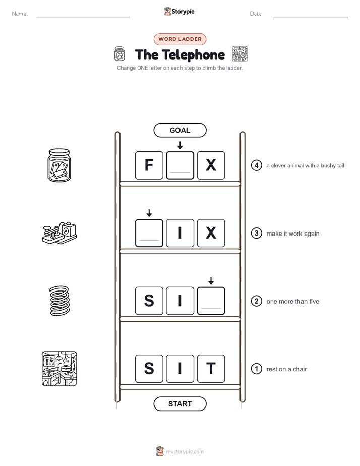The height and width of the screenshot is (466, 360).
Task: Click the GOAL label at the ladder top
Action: tap(180, 130)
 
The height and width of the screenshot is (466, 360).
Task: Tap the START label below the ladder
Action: tap(180, 404)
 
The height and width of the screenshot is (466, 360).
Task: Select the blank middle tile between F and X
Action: tap(180, 165)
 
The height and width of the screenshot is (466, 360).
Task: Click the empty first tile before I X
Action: tap(149, 233)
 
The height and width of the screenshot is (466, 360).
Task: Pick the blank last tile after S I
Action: tap(211, 301)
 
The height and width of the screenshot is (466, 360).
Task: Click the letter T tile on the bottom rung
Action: tap(211, 369)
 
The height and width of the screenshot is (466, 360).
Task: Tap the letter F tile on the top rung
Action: tap(149, 165)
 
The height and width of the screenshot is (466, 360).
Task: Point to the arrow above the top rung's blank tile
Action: tap(180, 145)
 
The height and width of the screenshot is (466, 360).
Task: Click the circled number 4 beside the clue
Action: tap(256, 165)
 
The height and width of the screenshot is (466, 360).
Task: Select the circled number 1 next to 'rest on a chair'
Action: tap(256, 369)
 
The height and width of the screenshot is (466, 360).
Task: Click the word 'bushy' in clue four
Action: tap(328, 166)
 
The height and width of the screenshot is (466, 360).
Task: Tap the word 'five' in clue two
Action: tap(314, 302)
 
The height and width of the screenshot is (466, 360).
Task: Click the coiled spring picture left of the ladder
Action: tap(59, 301)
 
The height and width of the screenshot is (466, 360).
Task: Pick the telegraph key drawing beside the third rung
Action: tap(59, 233)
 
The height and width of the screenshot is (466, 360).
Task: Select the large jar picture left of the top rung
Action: tap(59, 165)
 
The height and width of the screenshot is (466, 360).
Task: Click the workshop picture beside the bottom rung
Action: tap(59, 369)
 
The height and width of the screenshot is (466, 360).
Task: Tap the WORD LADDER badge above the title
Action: tap(180, 39)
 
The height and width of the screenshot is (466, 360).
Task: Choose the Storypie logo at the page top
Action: tap(179, 11)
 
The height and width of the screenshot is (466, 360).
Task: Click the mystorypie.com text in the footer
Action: tap(185, 452)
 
